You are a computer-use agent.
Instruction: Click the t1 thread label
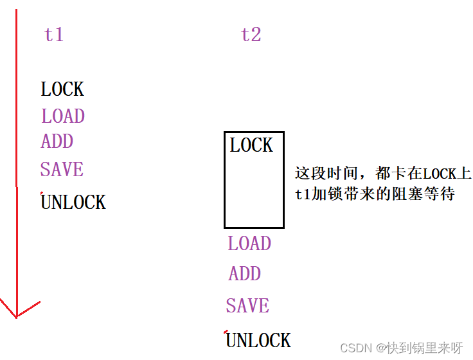(54, 34)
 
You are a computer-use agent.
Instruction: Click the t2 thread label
(251, 34)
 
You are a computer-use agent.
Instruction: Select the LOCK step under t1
(62, 89)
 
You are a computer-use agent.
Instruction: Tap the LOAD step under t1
(63, 116)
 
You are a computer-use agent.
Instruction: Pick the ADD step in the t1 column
(57, 141)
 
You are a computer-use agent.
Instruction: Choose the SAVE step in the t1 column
(62, 170)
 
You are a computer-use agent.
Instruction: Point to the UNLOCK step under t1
(73, 203)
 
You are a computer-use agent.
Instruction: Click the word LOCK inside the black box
(251, 145)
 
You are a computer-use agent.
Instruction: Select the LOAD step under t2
(249, 244)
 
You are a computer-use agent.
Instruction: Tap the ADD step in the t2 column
(245, 274)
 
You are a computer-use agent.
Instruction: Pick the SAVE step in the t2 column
(247, 306)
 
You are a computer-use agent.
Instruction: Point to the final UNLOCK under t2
(258, 340)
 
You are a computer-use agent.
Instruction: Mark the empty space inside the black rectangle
(254, 193)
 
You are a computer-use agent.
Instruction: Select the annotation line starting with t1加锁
(375, 194)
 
